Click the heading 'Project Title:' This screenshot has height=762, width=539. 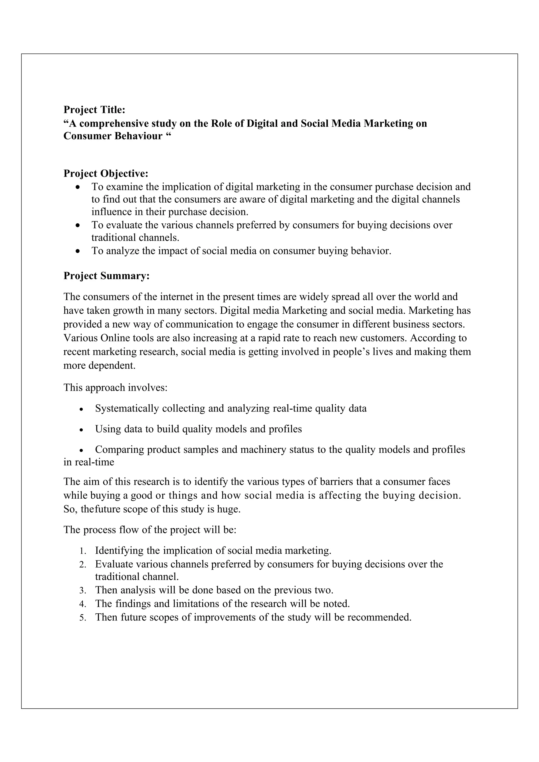94,109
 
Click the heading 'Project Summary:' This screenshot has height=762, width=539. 106,276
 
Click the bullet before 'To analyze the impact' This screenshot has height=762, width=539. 78,251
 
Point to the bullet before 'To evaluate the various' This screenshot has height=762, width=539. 78,225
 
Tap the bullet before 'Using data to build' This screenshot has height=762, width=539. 81,430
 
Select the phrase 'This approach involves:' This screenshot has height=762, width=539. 115,387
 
